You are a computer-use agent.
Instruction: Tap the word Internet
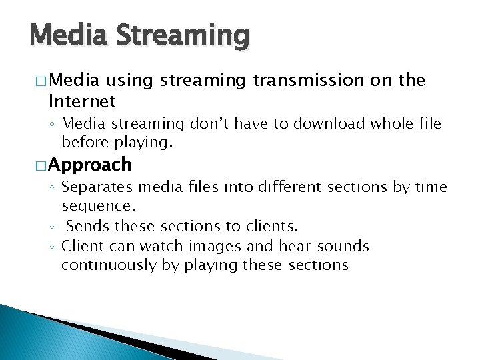coord(82,101)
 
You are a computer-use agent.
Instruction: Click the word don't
coord(205,123)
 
